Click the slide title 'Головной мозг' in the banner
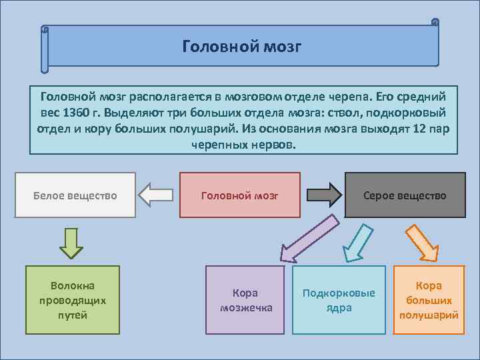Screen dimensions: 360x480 pyautogui.click(x=242, y=47)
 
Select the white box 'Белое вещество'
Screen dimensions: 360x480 pyautogui.click(x=75, y=195)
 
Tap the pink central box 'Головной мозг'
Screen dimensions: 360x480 pyautogui.click(x=240, y=195)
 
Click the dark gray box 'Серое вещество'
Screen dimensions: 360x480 pyautogui.click(x=405, y=195)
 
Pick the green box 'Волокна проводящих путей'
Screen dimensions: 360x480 pyautogui.click(x=73, y=300)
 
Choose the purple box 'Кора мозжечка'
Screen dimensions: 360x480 pyautogui.click(x=245, y=300)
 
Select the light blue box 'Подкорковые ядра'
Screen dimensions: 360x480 pyautogui.click(x=339, y=300)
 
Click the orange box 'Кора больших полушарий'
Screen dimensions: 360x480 pyautogui.click(x=429, y=300)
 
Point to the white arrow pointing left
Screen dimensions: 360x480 pyautogui.click(x=155, y=195)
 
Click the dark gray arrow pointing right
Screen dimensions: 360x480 pyautogui.click(x=323, y=195)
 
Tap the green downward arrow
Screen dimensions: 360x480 pyautogui.click(x=71, y=242)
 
